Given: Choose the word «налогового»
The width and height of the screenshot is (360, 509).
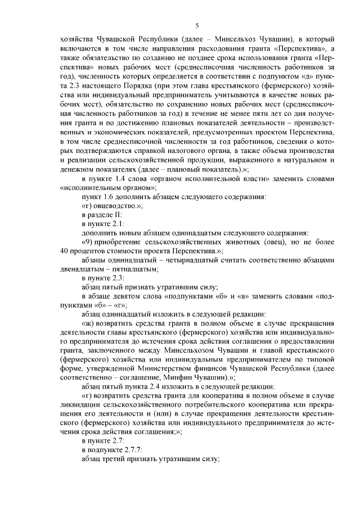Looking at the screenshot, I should (196, 152).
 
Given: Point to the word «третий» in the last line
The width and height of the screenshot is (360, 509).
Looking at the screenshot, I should (118, 458).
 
